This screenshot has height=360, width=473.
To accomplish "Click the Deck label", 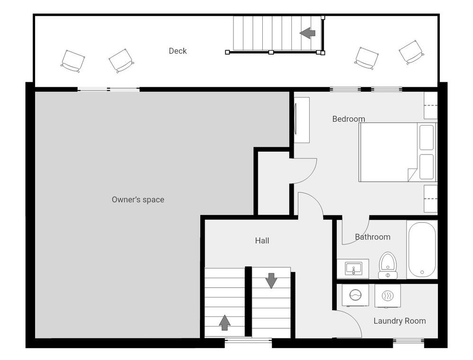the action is [178, 51].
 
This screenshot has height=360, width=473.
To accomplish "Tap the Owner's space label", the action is [138, 199].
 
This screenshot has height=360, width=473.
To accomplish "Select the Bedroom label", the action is [348, 119].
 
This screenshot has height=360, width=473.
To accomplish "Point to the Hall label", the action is [262, 241].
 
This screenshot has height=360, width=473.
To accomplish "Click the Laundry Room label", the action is [400, 321].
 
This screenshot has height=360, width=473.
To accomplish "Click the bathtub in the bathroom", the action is [422, 249].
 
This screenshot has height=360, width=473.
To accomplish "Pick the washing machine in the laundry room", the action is [355, 295].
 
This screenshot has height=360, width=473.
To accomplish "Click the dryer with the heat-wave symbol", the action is [388, 296].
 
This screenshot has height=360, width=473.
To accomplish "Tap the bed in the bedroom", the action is [398, 152].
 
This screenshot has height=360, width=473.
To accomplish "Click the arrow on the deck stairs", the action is [307, 33].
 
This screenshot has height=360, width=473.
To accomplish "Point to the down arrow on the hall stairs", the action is [271, 280].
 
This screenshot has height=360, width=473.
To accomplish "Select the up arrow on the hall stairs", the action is [225, 323].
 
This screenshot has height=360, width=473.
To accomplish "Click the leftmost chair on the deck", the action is [73, 61].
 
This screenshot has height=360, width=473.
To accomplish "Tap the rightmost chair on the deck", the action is [411, 52].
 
